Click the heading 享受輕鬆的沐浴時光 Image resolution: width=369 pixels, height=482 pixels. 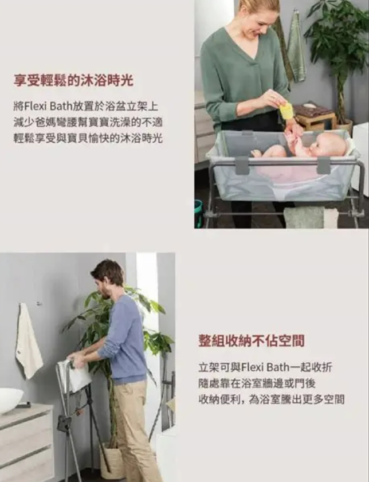(x=73, y=81)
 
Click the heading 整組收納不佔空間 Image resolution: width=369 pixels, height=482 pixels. (x=252, y=341)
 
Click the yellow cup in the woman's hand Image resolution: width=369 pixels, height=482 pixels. (x=286, y=109)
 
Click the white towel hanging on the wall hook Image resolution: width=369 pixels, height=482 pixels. (x=29, y=340)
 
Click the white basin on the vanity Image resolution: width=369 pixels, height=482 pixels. (x=10, y=399)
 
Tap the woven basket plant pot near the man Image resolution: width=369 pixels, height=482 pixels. (x=111, y=461)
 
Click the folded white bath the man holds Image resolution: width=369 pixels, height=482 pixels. (x=75, y=375)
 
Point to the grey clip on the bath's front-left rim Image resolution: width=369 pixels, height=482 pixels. (x=242, y=166)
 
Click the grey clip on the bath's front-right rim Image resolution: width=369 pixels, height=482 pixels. (x=324, y=166)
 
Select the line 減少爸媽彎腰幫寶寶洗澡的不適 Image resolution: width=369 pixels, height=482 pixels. (x=88, y=123)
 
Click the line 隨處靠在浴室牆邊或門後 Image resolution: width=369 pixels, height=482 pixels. (x=257, y=383)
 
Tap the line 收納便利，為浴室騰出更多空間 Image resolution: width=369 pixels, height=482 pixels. (x=271, y=399)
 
